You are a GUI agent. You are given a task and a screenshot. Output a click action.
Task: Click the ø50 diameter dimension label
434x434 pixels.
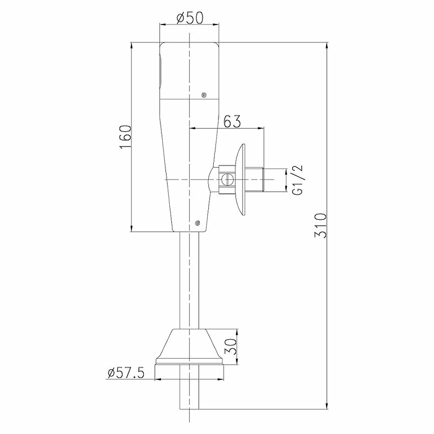point(189,18)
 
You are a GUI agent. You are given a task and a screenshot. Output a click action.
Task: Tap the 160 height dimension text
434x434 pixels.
point(125,137)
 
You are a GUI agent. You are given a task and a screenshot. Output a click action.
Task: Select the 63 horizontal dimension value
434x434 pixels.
point(232,121)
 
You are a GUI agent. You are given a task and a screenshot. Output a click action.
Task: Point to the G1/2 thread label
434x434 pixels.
point(297,180)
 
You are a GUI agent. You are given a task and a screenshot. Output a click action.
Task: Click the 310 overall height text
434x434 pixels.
point(321,225)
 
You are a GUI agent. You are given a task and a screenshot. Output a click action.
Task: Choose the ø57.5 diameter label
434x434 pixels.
point(126,373)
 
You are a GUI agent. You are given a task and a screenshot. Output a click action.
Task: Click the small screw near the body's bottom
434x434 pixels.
point(197,222)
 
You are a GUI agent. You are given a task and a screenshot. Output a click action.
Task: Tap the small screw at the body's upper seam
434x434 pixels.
point(204,95)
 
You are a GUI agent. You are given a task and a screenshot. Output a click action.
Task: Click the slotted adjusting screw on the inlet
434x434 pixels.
point(227,180)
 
